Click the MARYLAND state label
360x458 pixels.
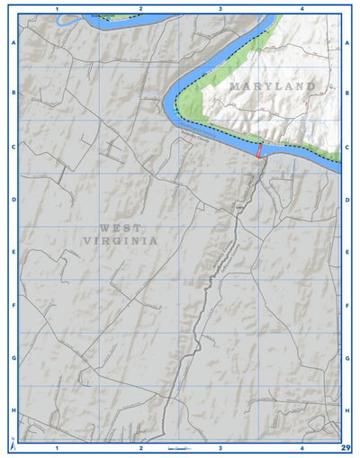(272, 86)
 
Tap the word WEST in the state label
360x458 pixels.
(121, 228)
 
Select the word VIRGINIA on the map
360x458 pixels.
(121, 241)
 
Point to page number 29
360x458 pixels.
(346, 447)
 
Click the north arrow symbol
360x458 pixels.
(13, 444)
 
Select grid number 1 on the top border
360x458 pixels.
(58, 8)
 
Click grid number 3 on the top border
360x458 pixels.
(220, 8)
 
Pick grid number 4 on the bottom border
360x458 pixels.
(302, 447)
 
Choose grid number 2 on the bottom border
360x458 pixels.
(140, 447)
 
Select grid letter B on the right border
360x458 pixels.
(346, 92)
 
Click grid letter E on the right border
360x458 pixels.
(346, 253)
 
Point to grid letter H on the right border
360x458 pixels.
(346, 410)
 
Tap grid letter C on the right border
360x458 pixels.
(346, 146)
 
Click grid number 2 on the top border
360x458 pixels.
(140, 8)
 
